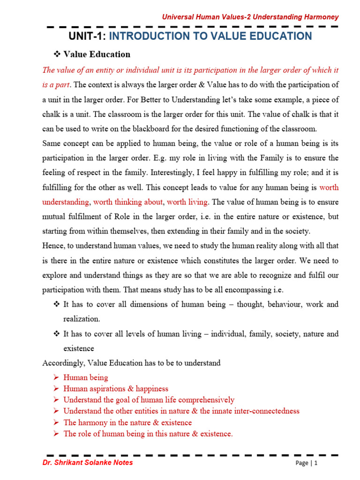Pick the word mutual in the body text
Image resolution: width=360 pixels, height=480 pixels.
point(54,217)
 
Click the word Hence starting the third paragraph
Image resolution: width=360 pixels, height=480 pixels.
point(53,246)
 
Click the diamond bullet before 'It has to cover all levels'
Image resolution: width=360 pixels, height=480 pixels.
point(56,334)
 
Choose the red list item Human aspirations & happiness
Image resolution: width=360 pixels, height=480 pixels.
point(115,389)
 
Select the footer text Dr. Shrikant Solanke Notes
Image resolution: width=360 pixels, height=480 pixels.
point(88,463)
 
